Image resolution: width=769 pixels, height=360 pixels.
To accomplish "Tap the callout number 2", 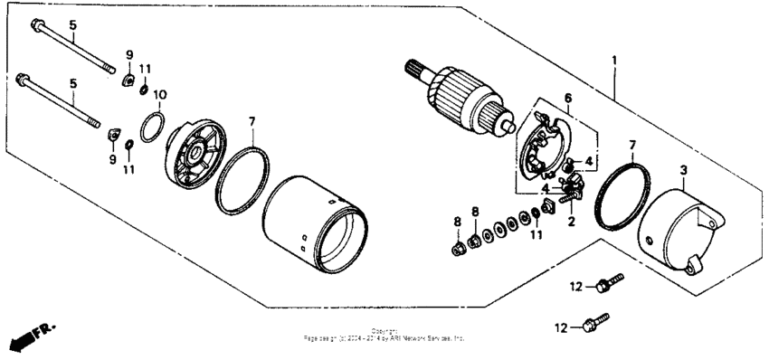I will [x=572, y=219].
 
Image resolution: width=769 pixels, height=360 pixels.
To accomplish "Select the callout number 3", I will [x=684, y=169].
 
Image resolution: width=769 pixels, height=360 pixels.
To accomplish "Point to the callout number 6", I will [x=567, y=98].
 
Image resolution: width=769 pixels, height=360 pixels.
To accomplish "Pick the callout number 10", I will [x=160, y=94].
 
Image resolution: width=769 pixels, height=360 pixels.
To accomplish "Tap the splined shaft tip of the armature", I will [x=414, y=68].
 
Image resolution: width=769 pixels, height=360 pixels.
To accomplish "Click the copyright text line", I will [x=384, y=336].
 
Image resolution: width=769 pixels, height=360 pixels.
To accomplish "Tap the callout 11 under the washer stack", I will [x=536, y=235].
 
